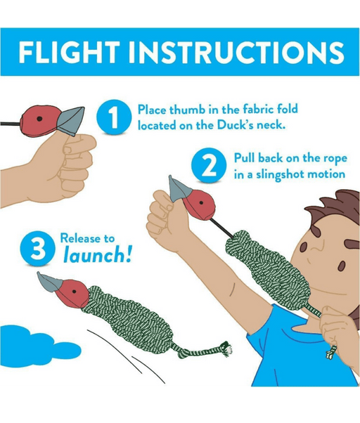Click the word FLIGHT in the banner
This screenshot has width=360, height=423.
pyautogui.click(x=69, y=52)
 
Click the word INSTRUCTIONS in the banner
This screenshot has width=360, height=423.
pyautogui.click(x=236, y=52)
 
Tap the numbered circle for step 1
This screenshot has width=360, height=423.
pyautogui.click(x=114, y=117)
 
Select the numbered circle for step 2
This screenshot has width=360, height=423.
pyautogui.click(x=209, y=165)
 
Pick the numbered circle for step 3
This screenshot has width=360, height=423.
pyautogui.click(x=37, y=248)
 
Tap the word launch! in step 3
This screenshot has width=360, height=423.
pyautogui.click(x=98, y=255)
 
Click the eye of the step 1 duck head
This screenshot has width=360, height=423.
pyautogui.click(x=39, y=119)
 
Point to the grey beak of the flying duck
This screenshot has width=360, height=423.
pyautogui.click(x=50, y=282)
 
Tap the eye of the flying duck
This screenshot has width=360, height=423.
pyautogui.click(x=75, y=292)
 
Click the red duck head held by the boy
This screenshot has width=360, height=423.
pyautogui.click(x=200, y=206)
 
